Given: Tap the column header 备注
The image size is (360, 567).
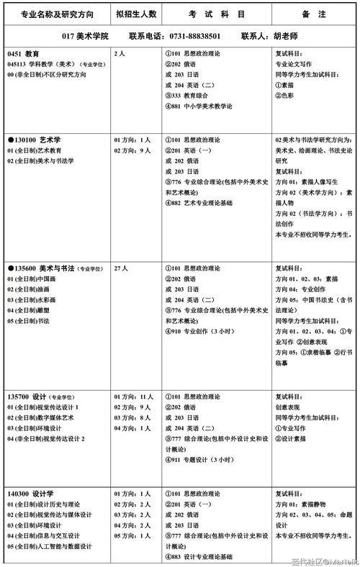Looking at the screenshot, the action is (x=314, y=14).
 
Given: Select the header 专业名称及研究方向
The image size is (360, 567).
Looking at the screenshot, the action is (x=55, y=14).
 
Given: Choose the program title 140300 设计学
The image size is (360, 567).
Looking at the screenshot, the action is (x=30, y=494).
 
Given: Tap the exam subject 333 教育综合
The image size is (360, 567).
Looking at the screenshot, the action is (x=190, y=94).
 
